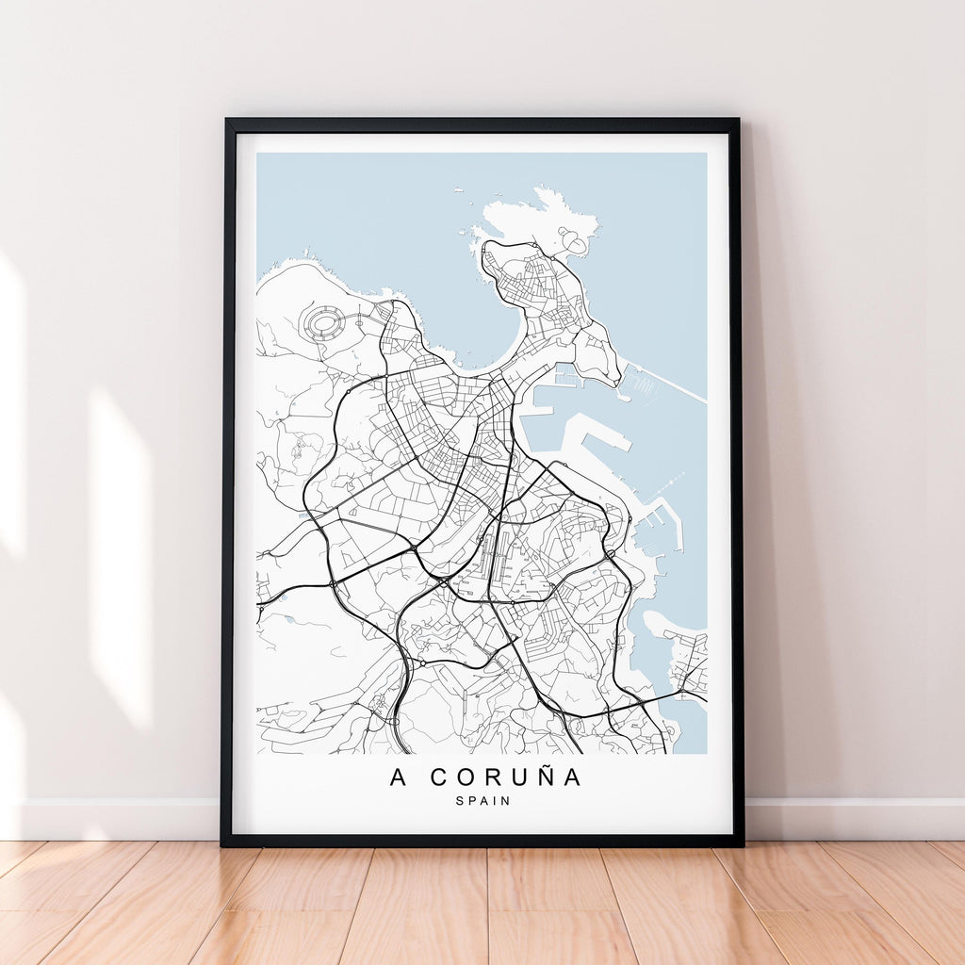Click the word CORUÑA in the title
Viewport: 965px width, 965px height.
tap(506, 778)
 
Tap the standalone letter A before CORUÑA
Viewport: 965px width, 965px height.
tap(399, 778)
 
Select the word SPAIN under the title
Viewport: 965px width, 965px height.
tap(482, 801)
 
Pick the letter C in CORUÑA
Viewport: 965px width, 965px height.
tap(440, 778)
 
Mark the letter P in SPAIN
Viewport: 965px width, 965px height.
tap(469, 801)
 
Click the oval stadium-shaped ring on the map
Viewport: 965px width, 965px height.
tap(323, 324)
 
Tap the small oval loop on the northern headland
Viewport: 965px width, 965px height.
tap(572, 244)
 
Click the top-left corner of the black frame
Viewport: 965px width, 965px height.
tap(226, 121)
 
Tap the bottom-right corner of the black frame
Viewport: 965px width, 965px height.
tap(741, 843)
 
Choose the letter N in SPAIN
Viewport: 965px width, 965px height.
tap(506, 801)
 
